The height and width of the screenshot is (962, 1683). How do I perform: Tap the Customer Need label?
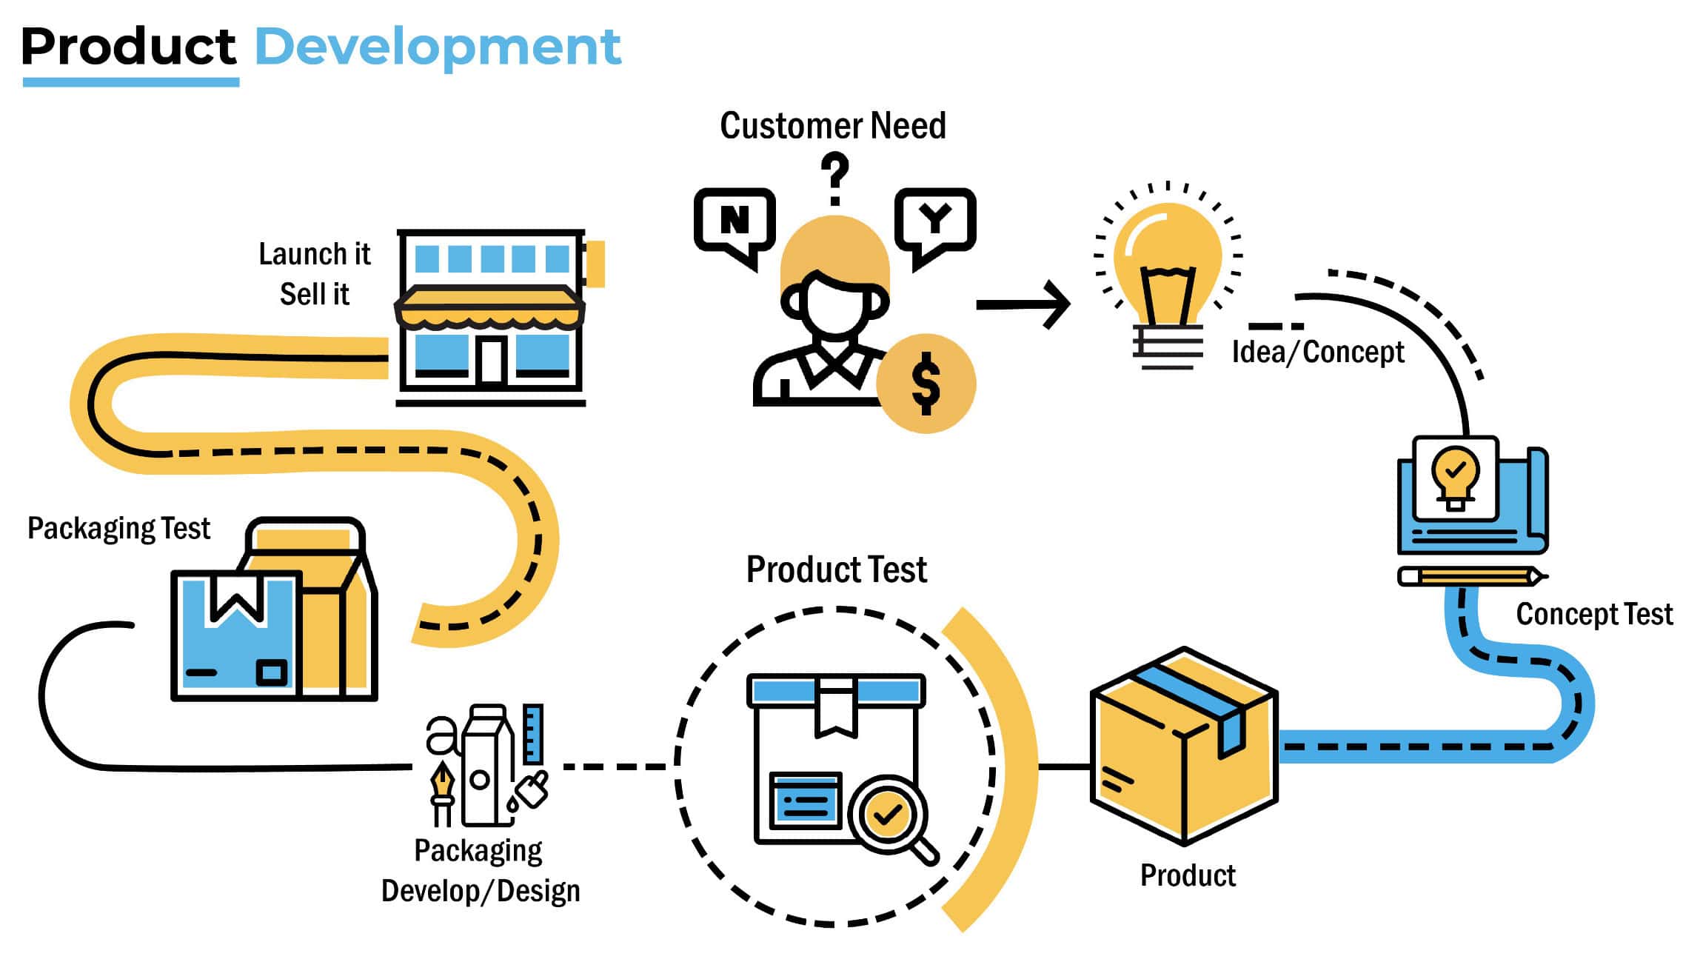click(832, 126)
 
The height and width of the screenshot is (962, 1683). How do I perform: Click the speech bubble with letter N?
click(734, 221)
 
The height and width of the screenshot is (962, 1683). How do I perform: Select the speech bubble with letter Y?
click(935, 219)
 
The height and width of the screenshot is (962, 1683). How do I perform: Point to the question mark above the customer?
click(834, 178)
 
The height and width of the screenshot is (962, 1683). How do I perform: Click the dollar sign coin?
click(926, 383)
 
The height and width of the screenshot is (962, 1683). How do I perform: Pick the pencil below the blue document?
click(1470, 576)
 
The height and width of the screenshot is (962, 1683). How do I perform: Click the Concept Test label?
click(1593, 614)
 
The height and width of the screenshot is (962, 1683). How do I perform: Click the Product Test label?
click(836, 569)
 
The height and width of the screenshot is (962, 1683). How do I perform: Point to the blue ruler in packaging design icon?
click(533, 734)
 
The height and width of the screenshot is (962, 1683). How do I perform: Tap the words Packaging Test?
click(118, 529)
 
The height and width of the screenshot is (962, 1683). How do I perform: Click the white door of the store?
click(490, 361)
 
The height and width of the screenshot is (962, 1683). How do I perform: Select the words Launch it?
click(314, 254)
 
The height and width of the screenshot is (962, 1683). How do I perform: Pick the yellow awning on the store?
click(489, 308)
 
